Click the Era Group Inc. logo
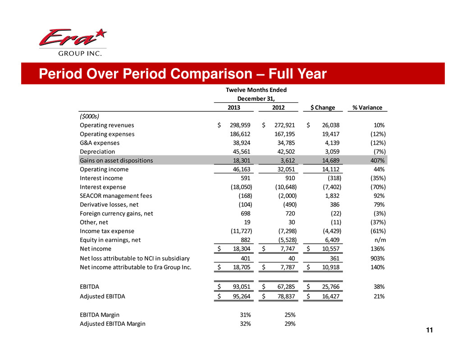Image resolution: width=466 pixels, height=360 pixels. click(x=72, y=42)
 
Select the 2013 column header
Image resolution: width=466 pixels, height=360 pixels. click(x=233, y=107)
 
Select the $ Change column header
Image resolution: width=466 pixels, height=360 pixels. click(x=323, y=107)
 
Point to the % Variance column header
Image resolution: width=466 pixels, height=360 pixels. click(x=367, y=107)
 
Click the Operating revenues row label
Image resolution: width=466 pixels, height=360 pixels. click(x=107, y=125)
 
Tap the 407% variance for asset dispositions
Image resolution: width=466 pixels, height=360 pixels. click(x=375, y=160)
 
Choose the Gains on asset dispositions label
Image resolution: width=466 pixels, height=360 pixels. click(x=116, y=160)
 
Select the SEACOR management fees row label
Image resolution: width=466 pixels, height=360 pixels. click(x=116, y=196)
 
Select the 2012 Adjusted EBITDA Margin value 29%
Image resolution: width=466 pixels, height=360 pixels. click(x=289, y=324)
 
